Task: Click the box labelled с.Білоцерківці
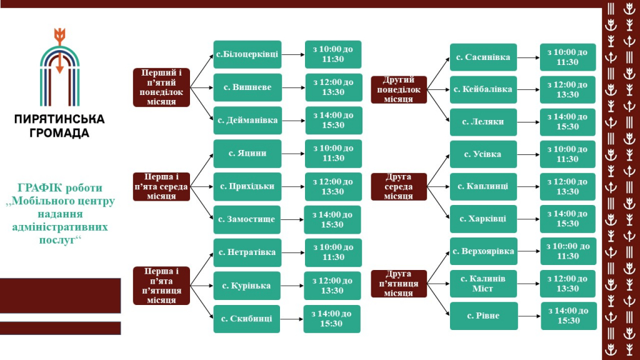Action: coord(247,54)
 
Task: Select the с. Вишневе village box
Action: coord(247,87)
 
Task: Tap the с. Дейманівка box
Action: coord(247,121)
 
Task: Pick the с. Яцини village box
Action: coord(247,154)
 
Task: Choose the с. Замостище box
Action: coord(246,219)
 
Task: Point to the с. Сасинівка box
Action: coord(483,57)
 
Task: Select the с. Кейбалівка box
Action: coord(483,89)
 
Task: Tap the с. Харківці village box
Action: coord(483,219)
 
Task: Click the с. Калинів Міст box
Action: coord(483,284)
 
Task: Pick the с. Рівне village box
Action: coord(484,316)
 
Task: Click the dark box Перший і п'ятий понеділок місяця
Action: coord(161,87)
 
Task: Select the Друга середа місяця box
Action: coord(399,186)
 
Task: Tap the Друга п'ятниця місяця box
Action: coord(399,284)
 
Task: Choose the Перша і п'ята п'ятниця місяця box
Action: coord(161,286)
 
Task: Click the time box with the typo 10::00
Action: coord(568,251)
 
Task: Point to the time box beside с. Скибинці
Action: coord(332,319)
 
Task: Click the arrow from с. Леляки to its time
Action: coord(528,122)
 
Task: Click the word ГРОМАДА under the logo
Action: coord(59,133)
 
